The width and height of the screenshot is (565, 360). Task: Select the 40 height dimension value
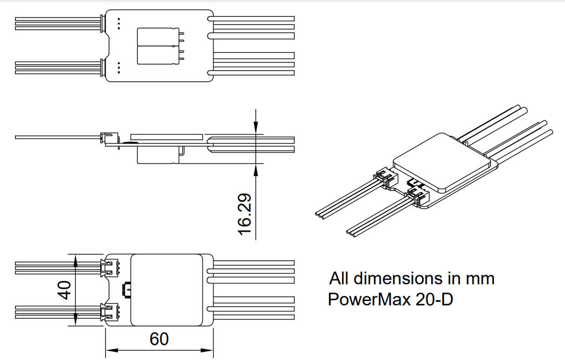click(64, 290)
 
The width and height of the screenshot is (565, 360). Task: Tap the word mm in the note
click(480, 279)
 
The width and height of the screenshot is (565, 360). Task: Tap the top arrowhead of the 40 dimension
click(76, 258)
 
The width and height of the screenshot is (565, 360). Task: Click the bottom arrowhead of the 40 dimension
click(76, 322)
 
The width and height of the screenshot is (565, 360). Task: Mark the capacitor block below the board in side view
click(157, 155)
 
